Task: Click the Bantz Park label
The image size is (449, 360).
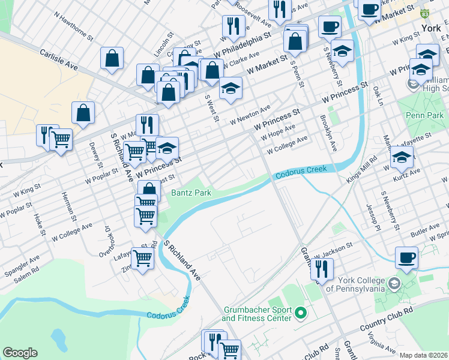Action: pos(190,193)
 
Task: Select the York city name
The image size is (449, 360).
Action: pos(431,28)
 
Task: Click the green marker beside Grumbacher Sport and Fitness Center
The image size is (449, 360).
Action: pos(301,313)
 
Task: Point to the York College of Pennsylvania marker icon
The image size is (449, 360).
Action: pos(394,282)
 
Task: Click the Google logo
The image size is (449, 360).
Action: pos(20,353)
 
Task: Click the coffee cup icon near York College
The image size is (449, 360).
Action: pos(406,257)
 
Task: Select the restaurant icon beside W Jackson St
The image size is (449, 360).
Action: pos(322,269)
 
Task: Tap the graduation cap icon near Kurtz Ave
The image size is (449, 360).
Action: pos(402,158)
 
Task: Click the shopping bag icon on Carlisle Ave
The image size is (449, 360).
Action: pos(112,59)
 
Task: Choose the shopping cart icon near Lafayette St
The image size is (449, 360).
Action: pos(143,259)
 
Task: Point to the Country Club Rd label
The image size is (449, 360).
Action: pos(387,319)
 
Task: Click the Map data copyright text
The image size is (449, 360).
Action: pos(424,355)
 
